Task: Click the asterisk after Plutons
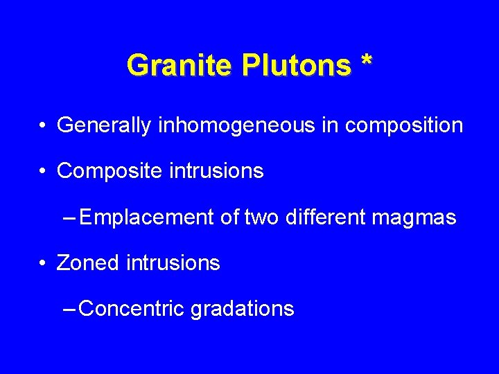366,62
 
